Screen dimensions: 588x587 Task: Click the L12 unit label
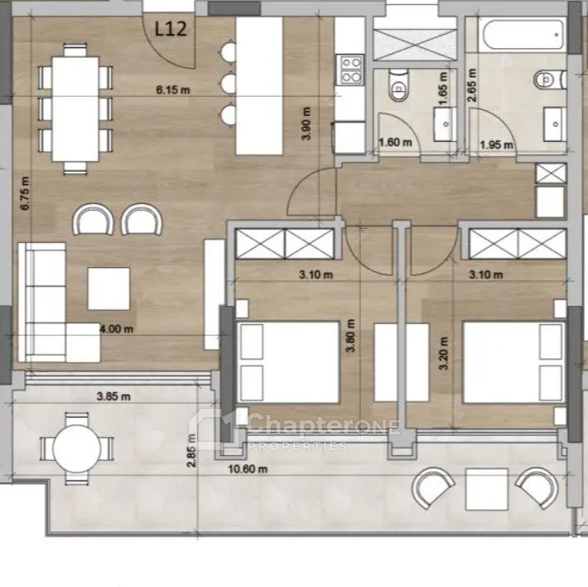click(x=171, y=29)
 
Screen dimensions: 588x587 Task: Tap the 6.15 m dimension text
click(x=173, y=90)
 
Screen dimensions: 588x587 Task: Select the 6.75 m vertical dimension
click(x=25, y=194)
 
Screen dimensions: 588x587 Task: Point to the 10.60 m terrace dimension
click(x=248, y=468)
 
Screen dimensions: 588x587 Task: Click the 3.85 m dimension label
click(x=113, y=396)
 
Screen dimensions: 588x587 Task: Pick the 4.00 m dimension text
click(x=117, y=329)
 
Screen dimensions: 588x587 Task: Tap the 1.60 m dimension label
click(x=395, y=143)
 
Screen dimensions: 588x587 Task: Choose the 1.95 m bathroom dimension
click(x=497, y=144)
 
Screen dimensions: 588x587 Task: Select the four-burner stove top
click(x=351, y=70)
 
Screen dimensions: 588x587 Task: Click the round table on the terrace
click(x=77, y=449)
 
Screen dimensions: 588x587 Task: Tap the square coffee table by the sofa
click(x=108, y=289)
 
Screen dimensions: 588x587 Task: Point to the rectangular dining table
click(x=75, y=109)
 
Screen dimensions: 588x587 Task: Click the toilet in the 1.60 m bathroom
click(x=398, y=85)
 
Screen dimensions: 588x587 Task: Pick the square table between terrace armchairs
click(x=487, y=489)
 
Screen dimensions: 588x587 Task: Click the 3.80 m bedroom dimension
click(x=350, y=336)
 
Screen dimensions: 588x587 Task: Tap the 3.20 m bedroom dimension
click(x=444, y=353)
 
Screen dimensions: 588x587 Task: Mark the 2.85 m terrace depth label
click(x=191, y=450)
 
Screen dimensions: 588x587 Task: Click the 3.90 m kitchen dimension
click(x=306, y=124)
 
